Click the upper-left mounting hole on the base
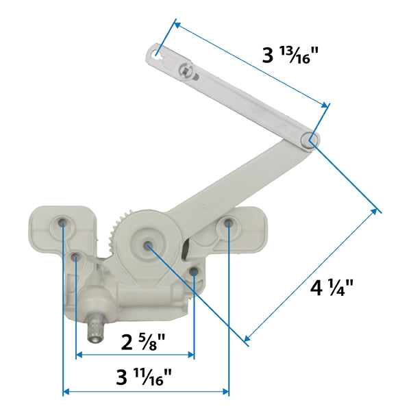pyautogui.click(x=63, y=222)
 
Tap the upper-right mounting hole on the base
pyautogui.click(x=228, y=223)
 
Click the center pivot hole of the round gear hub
pyautogui.click(x=148, y=243)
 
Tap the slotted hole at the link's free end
pyautogui.click(x=157, y=51)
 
